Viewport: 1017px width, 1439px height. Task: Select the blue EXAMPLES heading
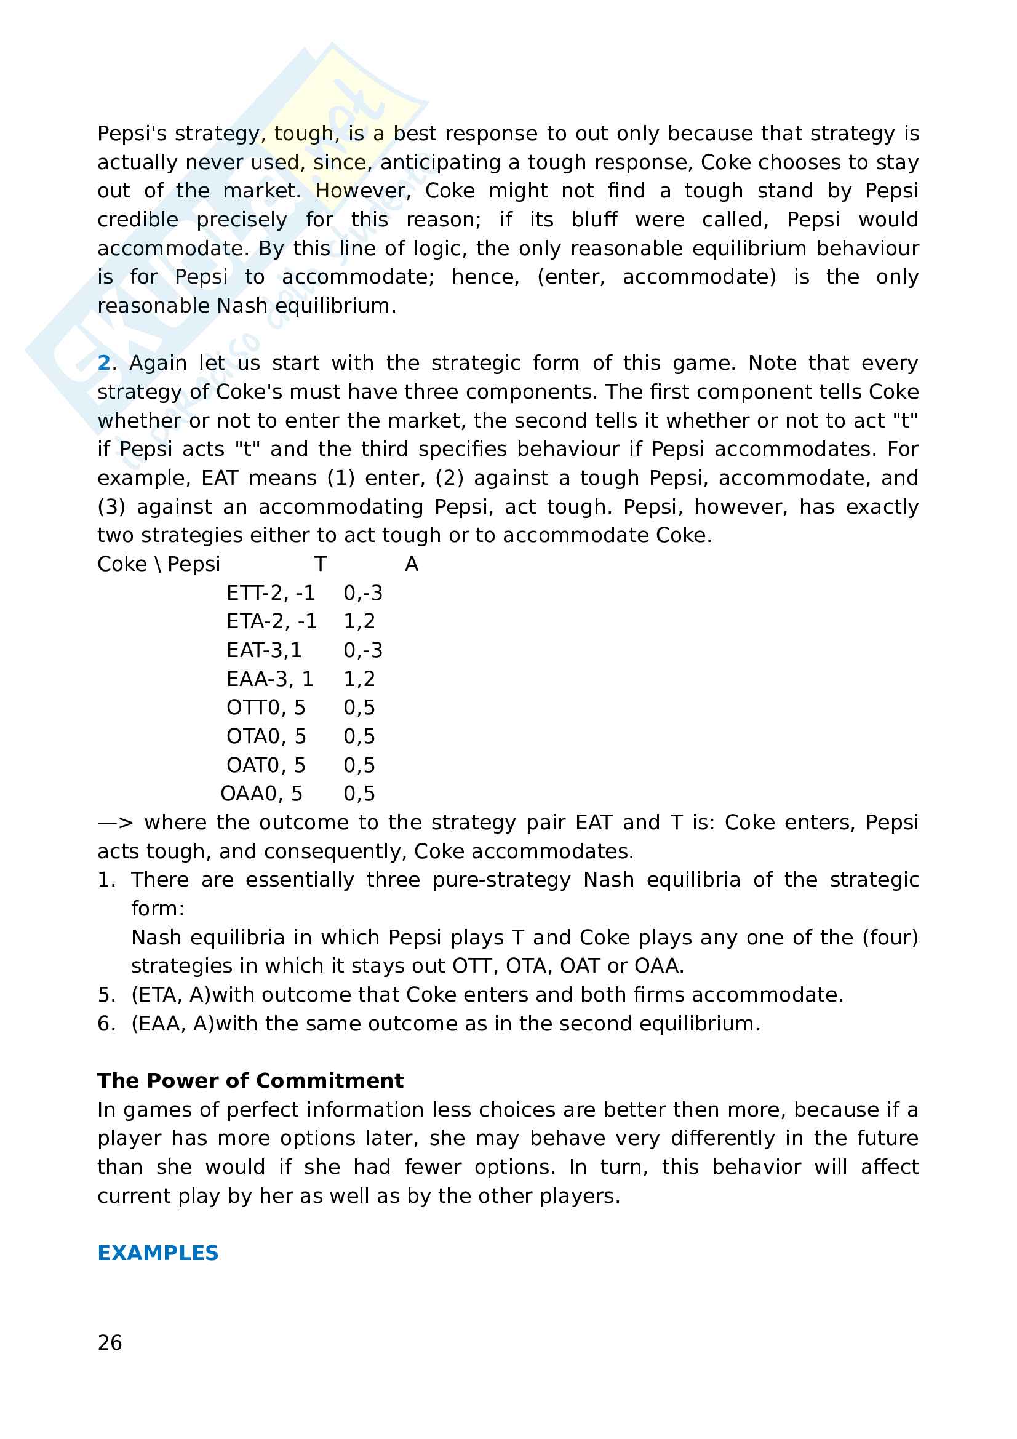point(158,1253)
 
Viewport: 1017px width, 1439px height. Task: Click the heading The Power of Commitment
point(250,1080)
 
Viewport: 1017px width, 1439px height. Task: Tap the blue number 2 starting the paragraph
point(103,363)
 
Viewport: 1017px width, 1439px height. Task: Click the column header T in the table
point(320,564)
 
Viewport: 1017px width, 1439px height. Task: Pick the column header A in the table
point(412,564)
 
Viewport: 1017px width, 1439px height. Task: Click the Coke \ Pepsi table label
point(159,564)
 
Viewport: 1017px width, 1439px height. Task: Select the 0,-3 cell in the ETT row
point(363,593)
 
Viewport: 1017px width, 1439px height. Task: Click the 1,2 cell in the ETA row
point(359,621)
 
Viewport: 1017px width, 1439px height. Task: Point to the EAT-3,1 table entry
point(264,650)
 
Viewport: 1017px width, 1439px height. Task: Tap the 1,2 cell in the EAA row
point(359,679)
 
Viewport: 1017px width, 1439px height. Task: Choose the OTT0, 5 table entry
point(266,708)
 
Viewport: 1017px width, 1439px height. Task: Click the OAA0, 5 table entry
point(261,794)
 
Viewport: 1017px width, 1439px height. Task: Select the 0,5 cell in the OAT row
point(359,765)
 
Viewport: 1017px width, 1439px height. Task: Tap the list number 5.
point(106,995)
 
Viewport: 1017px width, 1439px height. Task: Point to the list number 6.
point(106,1024)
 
